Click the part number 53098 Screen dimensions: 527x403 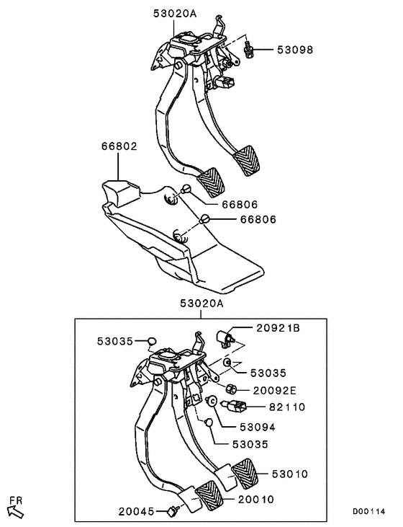(295, 50)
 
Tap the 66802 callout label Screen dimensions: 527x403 (119, 146)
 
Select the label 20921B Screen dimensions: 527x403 (278, 328)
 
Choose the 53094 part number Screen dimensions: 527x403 (257, 427)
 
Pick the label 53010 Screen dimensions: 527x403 (290, 474)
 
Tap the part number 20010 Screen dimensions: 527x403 (255, 498)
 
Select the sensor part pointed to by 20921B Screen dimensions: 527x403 (225, 337)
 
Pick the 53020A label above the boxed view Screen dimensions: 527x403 (201, 304)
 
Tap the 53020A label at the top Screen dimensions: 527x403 (173, 12)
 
